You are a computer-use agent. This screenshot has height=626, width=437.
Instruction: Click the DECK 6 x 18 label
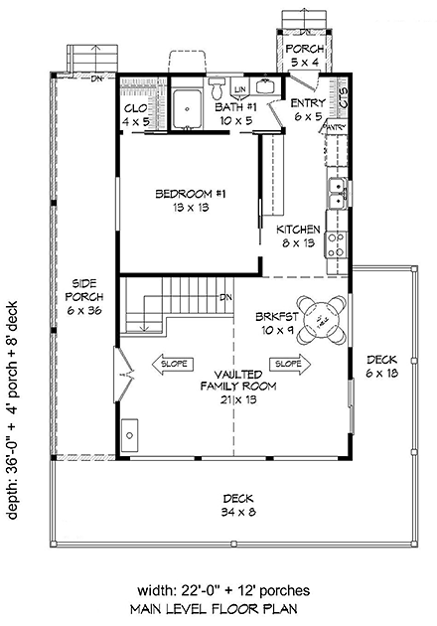pos(380,367)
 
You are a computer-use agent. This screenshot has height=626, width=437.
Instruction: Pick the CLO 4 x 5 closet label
pos(136,115)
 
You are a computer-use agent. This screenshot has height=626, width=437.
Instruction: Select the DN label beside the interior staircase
pos(225,297)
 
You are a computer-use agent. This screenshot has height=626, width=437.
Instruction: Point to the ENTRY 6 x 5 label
pos(308,108)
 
